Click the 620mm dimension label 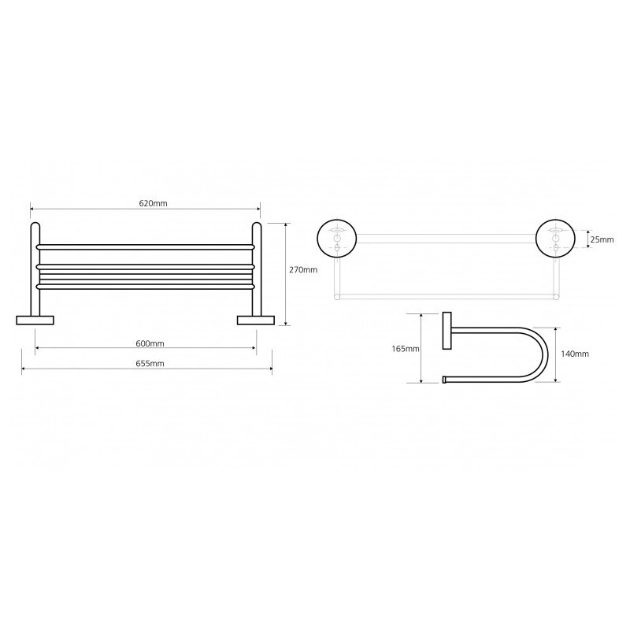click(x=153, y=203)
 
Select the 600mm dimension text click(x=150, y=343)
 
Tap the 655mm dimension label click(x=150, y=364)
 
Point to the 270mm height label click(x=303, y=270)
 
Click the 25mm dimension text click(x=602, y=240)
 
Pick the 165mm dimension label click(x=406, y=349)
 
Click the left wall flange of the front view click(x=35, y=321)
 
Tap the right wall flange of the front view click(x=255, y=321)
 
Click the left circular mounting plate click(x=337, y=239)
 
